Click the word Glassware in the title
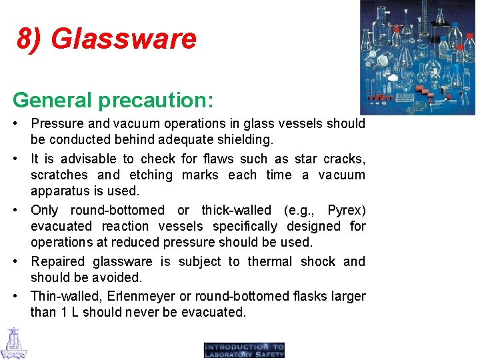[124, 39]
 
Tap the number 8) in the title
[31, 39]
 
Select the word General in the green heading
[51, 100]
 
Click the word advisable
[88, 159]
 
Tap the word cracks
[344, 159]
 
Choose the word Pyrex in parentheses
[346, 210]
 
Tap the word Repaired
[58, 261]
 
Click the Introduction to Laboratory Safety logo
[244, 350]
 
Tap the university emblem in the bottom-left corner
[13, 343]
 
